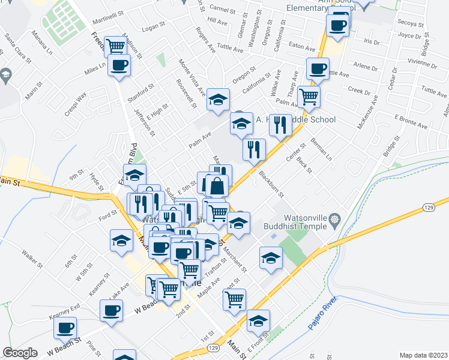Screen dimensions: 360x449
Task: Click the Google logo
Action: [x=20, y=353]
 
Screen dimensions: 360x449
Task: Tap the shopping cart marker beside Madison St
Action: [x=115, y=46]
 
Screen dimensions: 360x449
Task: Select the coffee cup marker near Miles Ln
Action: [x=119, y=65]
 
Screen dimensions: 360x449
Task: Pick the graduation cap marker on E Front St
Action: [x=259, y=320]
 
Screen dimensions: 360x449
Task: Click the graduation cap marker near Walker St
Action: [x=121, y=241]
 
